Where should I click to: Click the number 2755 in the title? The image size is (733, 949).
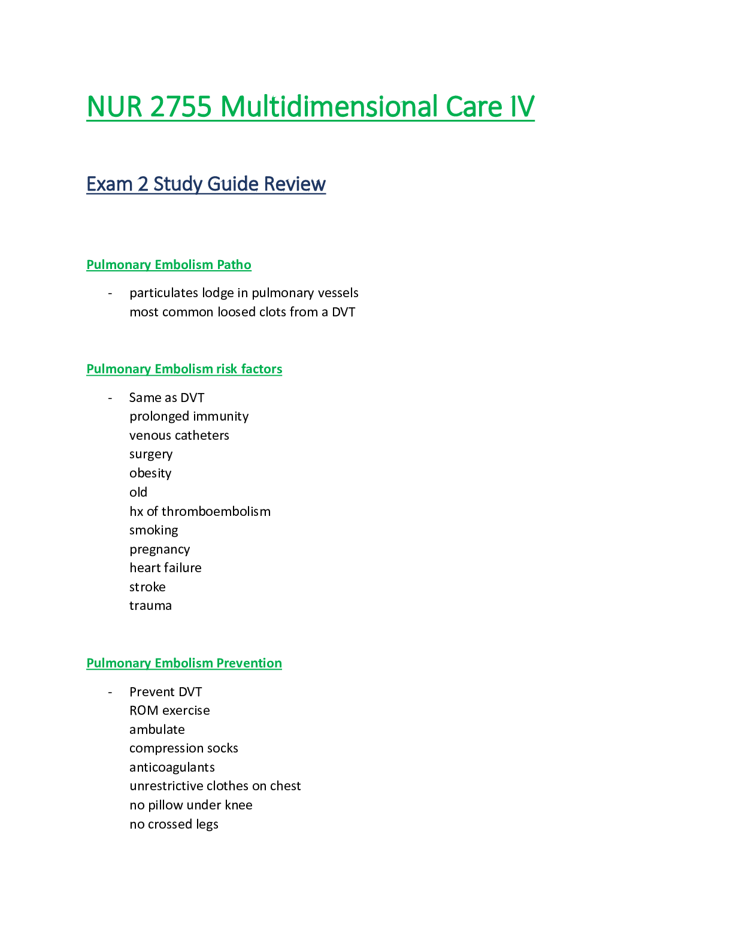[x=181, y=107]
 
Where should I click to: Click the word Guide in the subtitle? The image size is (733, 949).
[x=233, y=185]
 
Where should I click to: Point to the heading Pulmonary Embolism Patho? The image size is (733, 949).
[x=168, y=265]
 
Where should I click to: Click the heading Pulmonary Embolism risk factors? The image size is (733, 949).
[x=184, y=369]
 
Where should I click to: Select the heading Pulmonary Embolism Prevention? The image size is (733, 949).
[x=184, y=663]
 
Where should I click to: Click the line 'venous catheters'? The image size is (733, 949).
[x=179, y=436]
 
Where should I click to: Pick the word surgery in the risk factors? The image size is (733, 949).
[x=151, y=455]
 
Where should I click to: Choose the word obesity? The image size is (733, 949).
[x=150, y=473]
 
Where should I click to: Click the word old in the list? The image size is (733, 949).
[x=138, y=492]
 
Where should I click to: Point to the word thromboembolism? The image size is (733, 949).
[x=216, y=512]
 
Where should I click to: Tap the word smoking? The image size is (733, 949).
[x=154, y=531]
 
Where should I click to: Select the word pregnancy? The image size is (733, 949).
[x=160, y=549]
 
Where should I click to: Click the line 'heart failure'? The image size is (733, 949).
[x=165, y=568]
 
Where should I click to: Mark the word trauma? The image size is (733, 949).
[x=151, y=606]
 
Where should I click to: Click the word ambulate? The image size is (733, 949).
[x=157, y=730]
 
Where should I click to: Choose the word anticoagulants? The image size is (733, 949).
[x=172, y=767]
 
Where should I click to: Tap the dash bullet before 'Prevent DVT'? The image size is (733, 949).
[x=110, y=693]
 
